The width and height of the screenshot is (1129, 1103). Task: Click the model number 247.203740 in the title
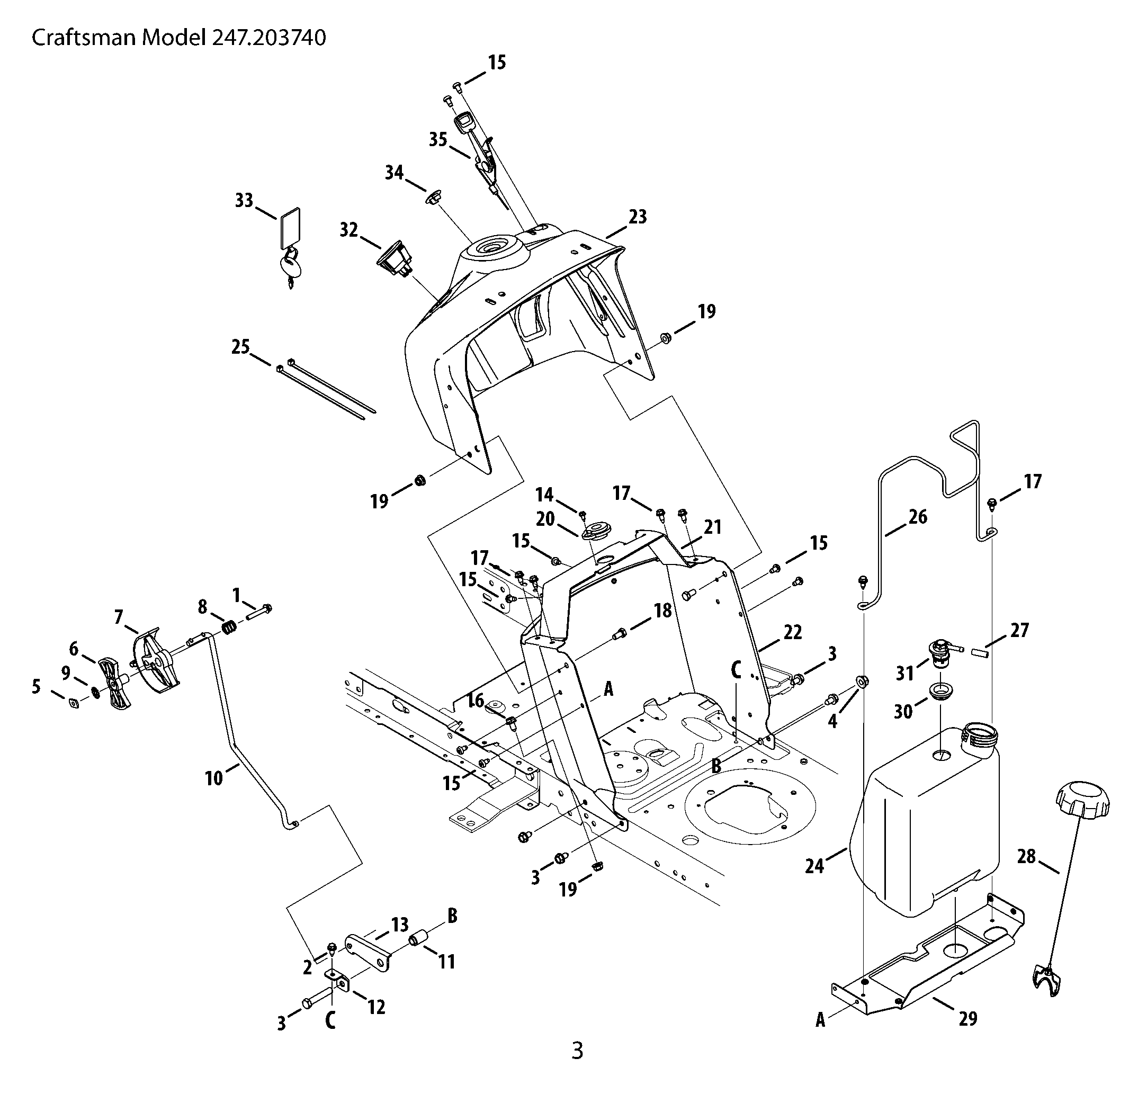[x=269, y=38]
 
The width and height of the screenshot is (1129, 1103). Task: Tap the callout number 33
[x=244, y=201]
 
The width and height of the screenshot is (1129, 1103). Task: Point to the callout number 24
[x=814, y=866]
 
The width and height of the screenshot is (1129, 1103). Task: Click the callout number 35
[x=438, y=140]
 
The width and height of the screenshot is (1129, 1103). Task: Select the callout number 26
[x=918, y=516]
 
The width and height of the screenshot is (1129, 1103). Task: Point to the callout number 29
[x=968, y=1018]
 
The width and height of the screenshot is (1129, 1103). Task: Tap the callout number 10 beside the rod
[x=214, y=778]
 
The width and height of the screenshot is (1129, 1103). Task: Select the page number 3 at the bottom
[x=577, y=1050]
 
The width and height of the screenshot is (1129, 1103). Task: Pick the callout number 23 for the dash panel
[x=637, y=217]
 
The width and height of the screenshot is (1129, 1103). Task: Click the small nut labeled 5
[x=74, y=703]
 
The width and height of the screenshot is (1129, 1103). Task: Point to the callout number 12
[x=377, y=1007]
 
